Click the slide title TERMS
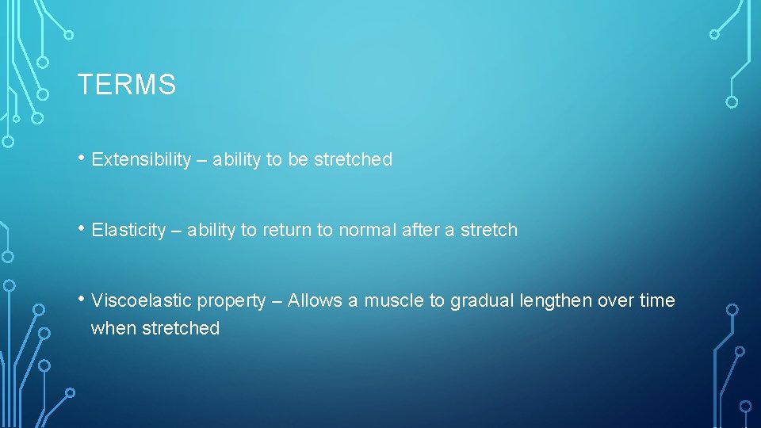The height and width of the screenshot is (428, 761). pos(126,84)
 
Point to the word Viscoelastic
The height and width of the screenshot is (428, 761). pos(142,301)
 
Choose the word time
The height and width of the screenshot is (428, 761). pos(658,301)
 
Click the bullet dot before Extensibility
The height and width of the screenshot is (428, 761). pos(82,158)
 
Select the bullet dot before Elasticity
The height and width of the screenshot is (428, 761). pos(82,228)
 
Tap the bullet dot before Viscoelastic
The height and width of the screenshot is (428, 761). pos(82,299)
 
